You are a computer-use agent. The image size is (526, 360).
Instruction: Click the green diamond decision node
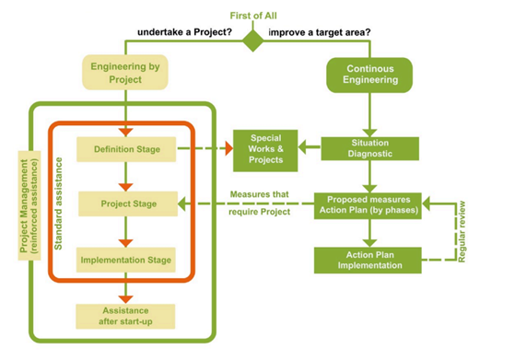tap(252, 40)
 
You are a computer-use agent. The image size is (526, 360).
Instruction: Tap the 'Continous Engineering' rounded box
tap(371, 75)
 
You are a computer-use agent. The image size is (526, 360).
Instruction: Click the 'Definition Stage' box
tap(127, 149)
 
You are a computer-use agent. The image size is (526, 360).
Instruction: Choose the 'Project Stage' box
tap(127, 203)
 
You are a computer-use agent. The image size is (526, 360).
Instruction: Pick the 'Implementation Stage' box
tap(127, 261)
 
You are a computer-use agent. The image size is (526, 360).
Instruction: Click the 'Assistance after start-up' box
tap(127, 315)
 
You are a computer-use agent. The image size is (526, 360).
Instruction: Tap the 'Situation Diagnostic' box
tap(369, 149)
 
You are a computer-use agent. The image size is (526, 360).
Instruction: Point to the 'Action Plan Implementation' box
tap(369, 260)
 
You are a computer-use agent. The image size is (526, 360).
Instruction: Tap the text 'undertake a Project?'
tap(185, 32)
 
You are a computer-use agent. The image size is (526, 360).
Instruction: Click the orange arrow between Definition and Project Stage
tap(126, 177)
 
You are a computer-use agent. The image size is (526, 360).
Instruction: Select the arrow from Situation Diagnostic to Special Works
tap(303, 149)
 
